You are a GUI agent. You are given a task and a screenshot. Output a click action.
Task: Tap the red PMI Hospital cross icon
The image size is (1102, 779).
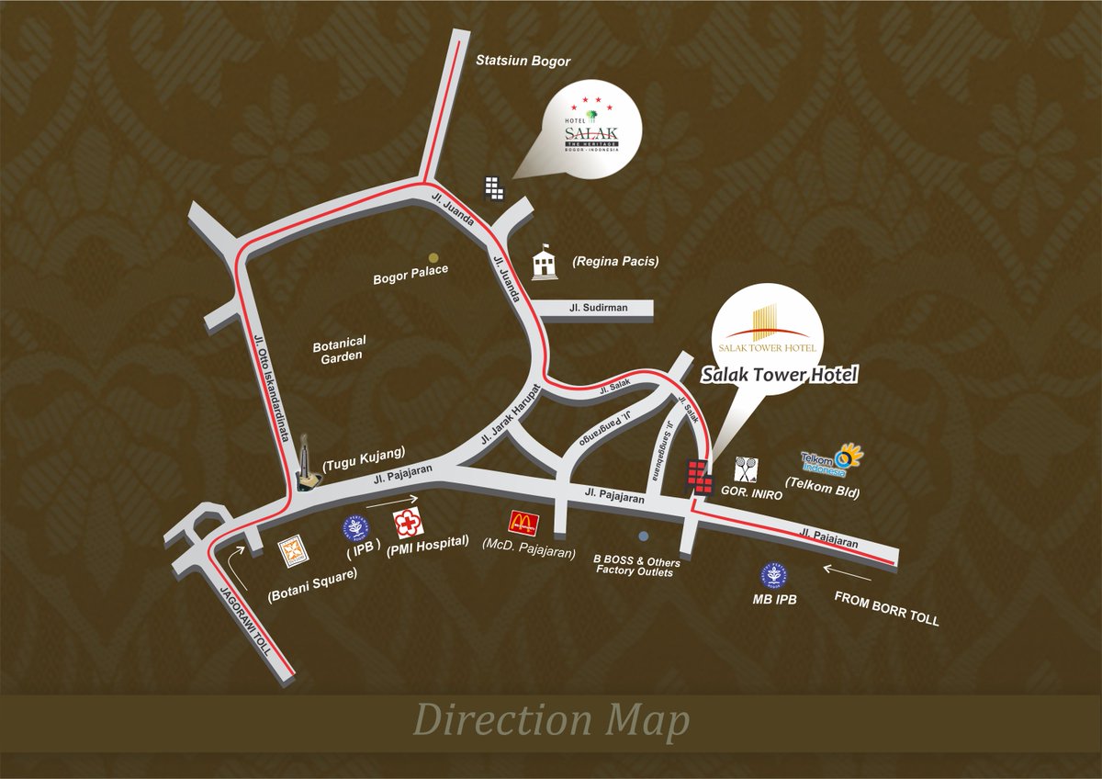406,523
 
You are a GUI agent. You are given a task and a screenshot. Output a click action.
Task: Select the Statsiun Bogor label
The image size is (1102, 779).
523,62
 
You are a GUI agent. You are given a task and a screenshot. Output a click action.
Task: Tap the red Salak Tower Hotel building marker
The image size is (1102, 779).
699,476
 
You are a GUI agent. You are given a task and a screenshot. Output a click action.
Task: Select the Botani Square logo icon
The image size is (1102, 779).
292,552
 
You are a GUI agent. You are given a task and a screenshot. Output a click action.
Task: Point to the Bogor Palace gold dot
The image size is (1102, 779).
433,258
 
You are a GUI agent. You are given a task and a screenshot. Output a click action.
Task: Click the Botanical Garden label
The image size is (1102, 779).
339,349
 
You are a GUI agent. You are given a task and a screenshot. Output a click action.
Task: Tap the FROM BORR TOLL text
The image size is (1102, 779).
886,608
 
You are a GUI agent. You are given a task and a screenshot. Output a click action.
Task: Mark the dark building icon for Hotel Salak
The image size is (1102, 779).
495,186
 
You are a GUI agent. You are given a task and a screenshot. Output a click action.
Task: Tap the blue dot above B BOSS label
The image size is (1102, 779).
643,536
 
